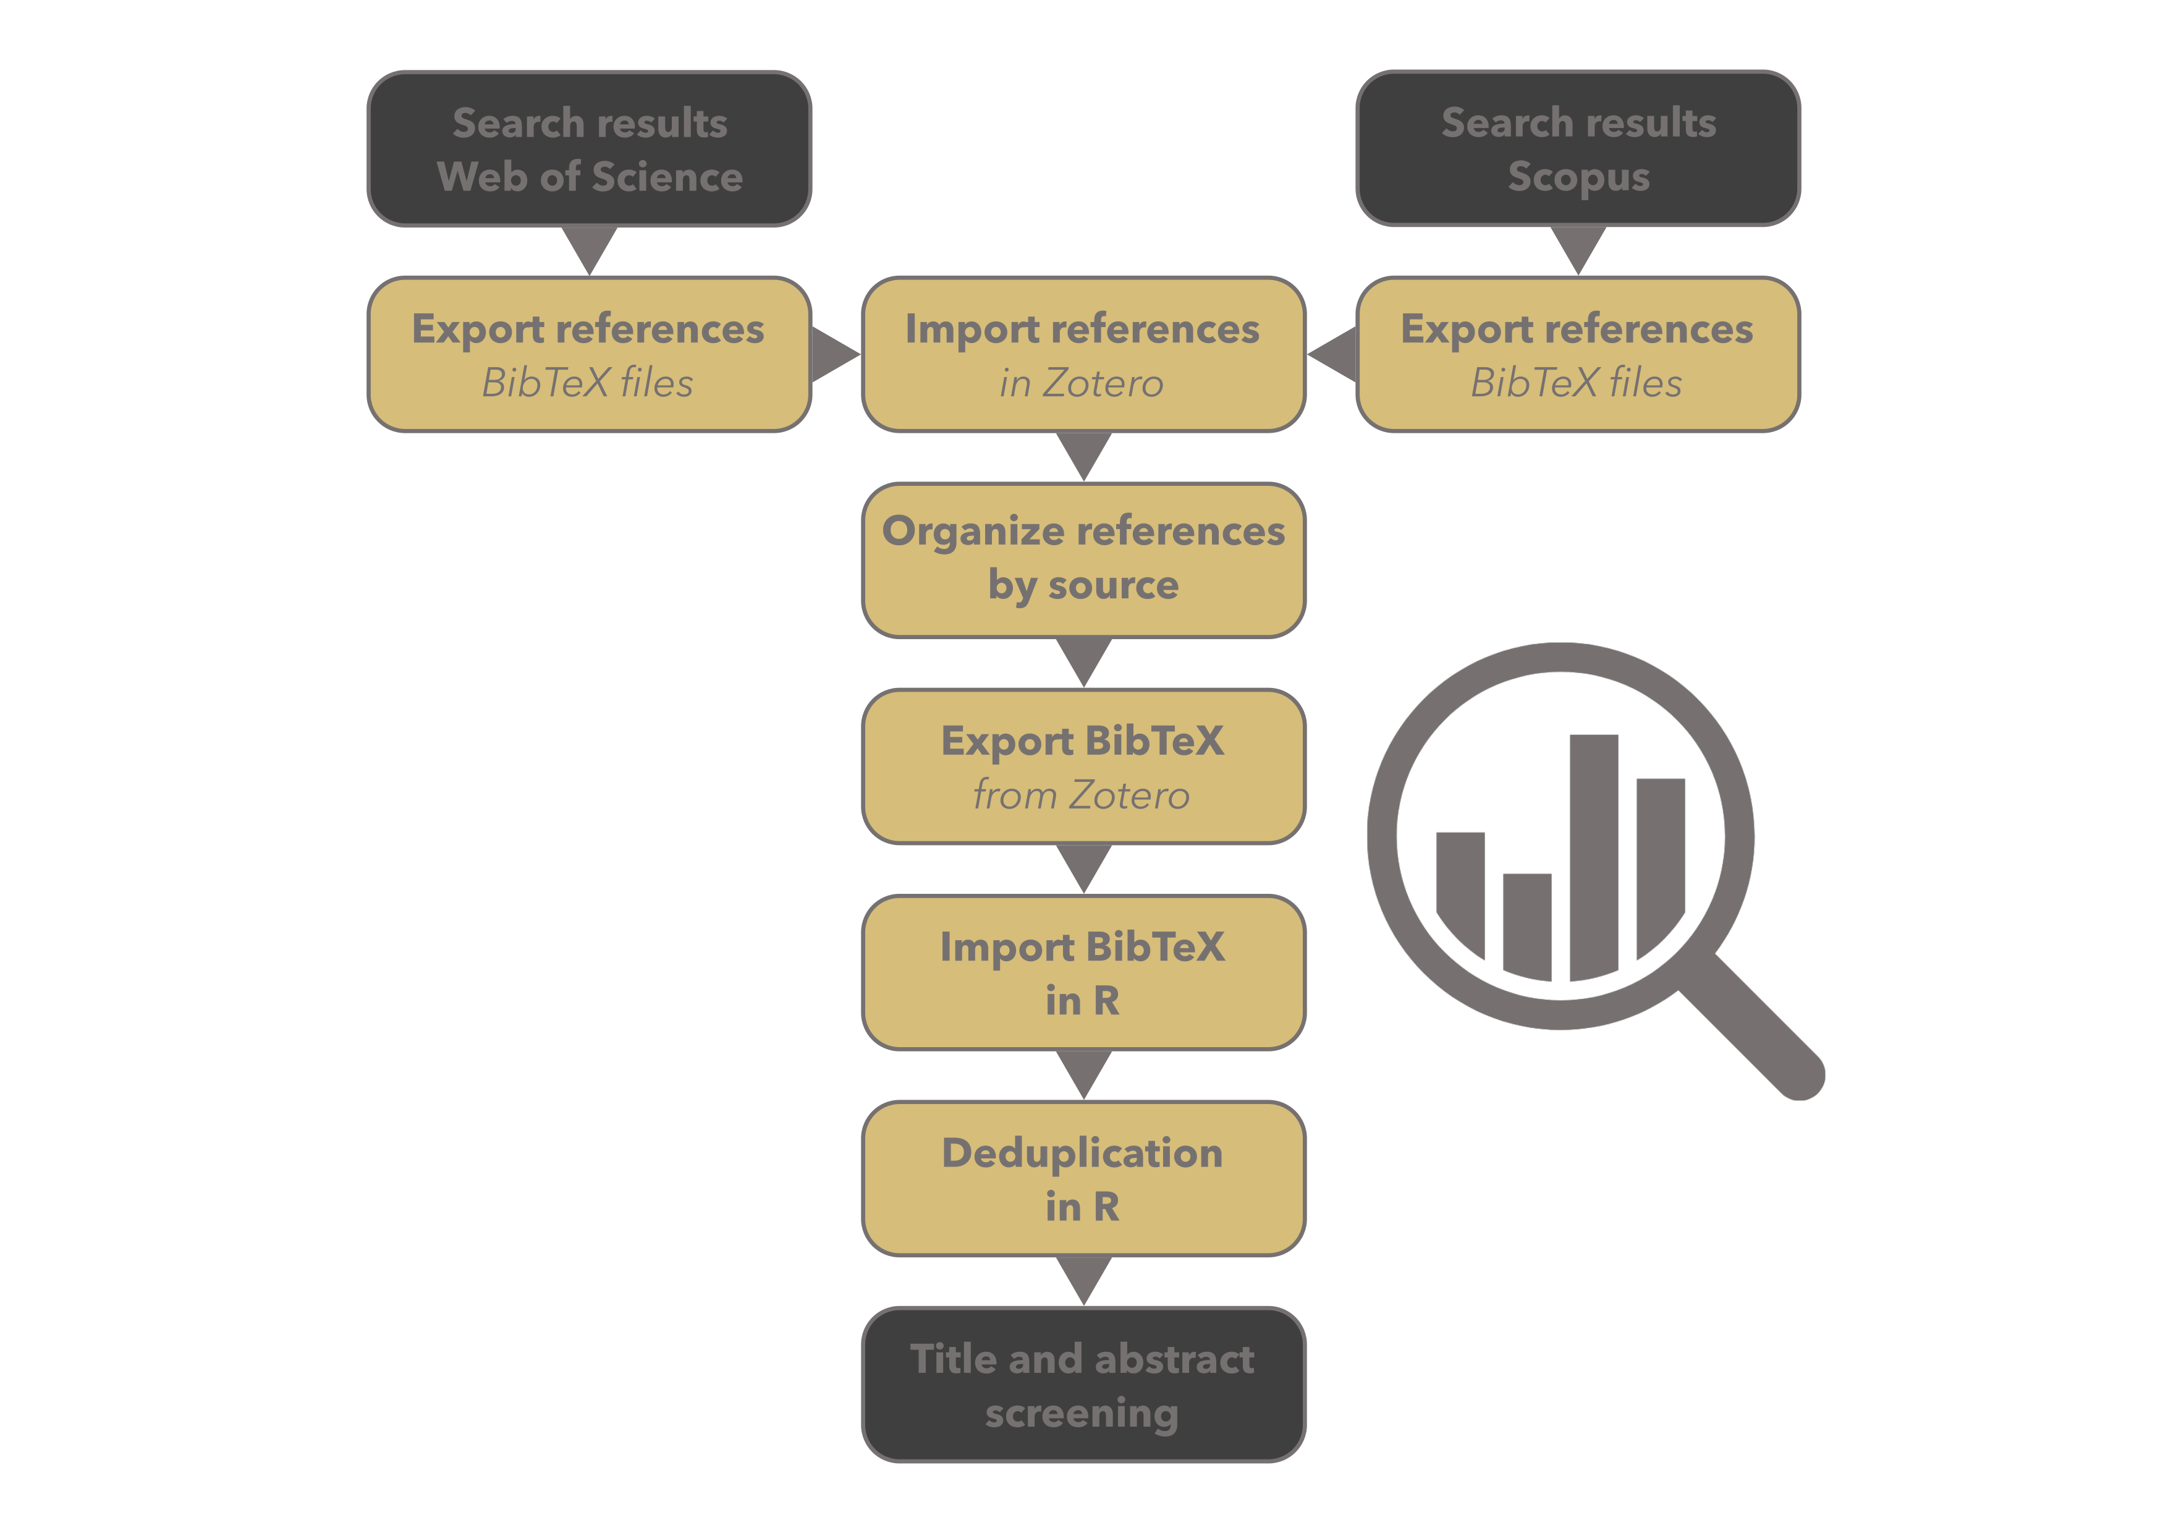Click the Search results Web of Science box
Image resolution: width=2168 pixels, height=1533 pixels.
click(589, 149)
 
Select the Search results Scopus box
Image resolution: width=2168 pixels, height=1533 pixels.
click(1578, 149)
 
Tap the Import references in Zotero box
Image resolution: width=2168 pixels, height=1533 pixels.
click(1083, 355)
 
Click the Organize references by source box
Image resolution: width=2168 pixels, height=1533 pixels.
click(1083, 560)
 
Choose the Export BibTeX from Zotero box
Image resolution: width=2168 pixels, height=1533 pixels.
click(1083, 767)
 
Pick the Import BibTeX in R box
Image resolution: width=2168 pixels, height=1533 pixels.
click(1083, 973)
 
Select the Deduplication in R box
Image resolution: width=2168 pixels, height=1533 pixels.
click(1083, 1179)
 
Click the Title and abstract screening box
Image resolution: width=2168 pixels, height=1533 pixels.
click(1083, 1385)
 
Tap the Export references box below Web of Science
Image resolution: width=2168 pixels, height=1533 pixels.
click(589, 355)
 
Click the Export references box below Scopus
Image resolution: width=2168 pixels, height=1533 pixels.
click(1578, 355)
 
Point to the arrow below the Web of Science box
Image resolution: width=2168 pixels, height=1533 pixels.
click(589, 247)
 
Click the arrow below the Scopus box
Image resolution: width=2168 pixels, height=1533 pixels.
click(1578, 247)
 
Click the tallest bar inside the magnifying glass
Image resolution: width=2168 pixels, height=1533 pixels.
click(1594, 855)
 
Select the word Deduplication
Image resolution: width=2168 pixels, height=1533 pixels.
click(1082, 1152)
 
